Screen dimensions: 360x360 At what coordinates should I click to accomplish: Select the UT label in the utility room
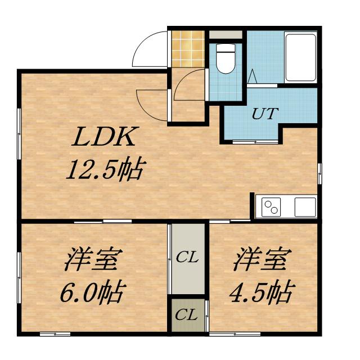click(x=264, y=114)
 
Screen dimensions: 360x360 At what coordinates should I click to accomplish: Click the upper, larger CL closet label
click(x=187, y=258)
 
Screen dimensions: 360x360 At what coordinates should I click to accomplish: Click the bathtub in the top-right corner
click(x=301, y=57)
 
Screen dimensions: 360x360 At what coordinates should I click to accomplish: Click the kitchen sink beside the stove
click(x=304, y=206)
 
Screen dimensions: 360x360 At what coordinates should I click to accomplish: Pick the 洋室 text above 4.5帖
click(x=263, y=260)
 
